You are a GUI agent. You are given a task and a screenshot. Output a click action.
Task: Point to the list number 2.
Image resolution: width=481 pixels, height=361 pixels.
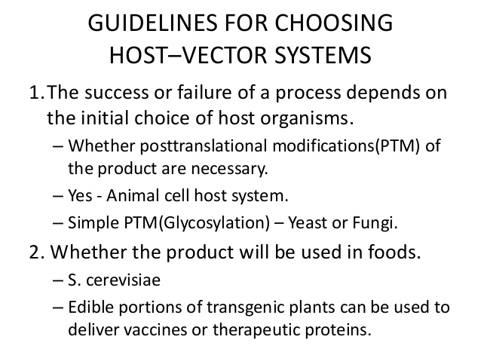click(35, 253)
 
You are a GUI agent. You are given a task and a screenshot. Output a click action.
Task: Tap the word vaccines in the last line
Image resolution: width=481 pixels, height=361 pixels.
click(143, 329)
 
